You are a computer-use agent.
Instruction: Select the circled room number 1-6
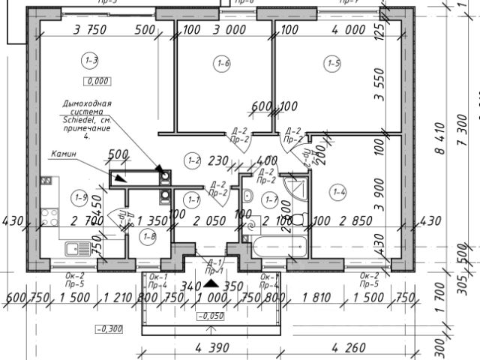click(x=223, y=64)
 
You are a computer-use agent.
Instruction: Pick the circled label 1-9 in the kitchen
click(x=81, y=197)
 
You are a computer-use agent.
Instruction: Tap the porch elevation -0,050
click(x=212, y=316)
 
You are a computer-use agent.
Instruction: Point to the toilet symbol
click(x=297, y=220)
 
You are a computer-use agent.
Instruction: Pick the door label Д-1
click(x=215, y=262)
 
